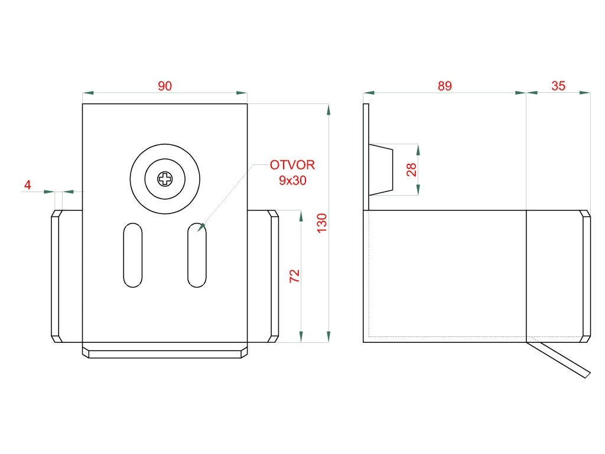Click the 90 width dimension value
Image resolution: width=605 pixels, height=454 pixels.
pyautogui.click(x=165, y=86)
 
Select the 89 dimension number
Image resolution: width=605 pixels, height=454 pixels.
pyautogui.click(x=444, y=86)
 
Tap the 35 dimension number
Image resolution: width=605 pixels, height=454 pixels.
pyautogui.click(x=558, y=86)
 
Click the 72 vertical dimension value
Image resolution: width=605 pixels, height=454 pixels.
pyautogui.click(x=295, y=276)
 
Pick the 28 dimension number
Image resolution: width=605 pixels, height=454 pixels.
pyautogui.click(x=412, y=170)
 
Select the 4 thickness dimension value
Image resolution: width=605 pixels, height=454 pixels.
pyautogui.click(x=27, y=185)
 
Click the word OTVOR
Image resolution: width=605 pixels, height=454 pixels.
pyautogui.click(x=292, y=165)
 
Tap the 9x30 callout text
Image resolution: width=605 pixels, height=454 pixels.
pyautogui.click(x=292, y=181)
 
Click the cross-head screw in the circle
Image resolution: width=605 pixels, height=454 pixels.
pyautogui.click(x=165, y=178)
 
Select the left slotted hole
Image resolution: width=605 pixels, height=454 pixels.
pyautogui.click(x=133, y=255)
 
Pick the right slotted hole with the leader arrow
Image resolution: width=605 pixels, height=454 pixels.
pyautogui.click(x=197, y=255)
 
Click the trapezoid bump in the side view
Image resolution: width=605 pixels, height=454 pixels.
pyautogui.click(x=380, y=170)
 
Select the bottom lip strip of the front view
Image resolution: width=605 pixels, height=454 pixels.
pyautogui.click(x=165, y=353)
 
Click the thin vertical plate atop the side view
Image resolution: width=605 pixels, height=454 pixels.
pyautogui.click(x=366, y=157)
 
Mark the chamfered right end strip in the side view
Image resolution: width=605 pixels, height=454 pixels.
pyautogui.click(x=585, y=276)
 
